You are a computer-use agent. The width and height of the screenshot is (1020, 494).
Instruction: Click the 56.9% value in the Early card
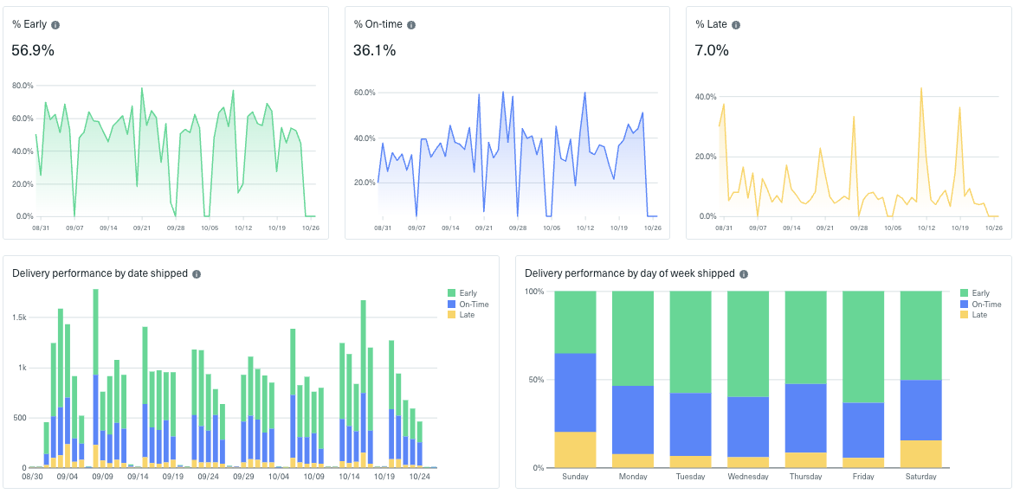point(33,50)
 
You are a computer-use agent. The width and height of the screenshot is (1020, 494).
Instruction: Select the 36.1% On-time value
point(374,50)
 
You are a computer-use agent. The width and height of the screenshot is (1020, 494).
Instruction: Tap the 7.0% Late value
point(712,50)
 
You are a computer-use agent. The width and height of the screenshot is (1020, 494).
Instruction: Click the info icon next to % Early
point(55,25)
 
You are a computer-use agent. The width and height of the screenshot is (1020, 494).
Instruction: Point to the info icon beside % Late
point(737,25)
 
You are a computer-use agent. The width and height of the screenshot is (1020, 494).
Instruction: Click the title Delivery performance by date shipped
point(100,273)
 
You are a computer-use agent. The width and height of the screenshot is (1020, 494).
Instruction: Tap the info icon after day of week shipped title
point(744,274)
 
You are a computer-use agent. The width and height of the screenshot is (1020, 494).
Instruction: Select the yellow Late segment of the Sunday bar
point(575,450)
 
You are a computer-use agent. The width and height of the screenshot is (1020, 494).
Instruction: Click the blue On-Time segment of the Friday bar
point(863,430)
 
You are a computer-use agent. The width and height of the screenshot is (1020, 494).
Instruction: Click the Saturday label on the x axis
point(920,477)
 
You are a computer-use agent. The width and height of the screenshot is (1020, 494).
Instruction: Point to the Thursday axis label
point(805,477)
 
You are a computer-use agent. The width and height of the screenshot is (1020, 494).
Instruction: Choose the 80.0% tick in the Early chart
point(23,86)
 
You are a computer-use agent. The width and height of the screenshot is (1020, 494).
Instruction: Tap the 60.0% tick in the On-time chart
point(364,93)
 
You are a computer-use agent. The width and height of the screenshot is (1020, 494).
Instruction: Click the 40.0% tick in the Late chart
point(706,97)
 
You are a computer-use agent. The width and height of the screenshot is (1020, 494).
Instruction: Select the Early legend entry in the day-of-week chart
point(980,294)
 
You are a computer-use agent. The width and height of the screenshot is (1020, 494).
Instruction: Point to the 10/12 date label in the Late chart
point(926,228)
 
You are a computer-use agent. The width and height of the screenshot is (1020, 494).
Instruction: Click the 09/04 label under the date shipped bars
point(68,477)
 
